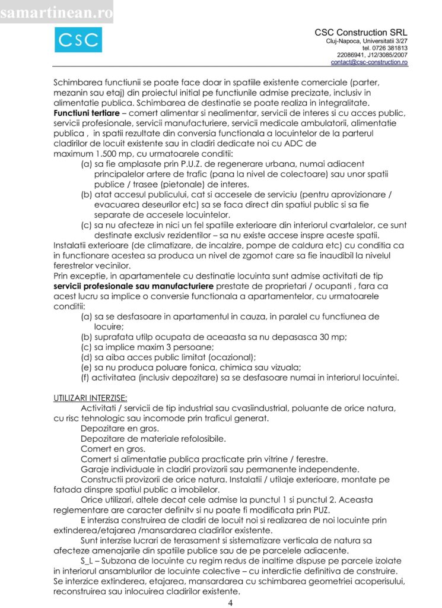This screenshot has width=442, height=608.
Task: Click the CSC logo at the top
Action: tap(78, 40)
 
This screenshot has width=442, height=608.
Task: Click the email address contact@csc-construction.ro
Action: tap(369, 62)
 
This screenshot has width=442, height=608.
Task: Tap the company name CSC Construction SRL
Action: tap(361, 32)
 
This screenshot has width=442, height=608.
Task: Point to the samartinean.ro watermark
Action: tap(56, 11)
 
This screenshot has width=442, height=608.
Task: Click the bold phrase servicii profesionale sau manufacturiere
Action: tap(133, 287)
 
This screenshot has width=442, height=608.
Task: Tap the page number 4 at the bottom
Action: tap(230, 603)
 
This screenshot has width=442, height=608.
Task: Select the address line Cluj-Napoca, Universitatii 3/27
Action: tap(367, 40)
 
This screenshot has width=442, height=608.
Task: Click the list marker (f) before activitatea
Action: tap(85, 377)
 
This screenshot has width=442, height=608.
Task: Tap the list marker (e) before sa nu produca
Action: tap(86, 367)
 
